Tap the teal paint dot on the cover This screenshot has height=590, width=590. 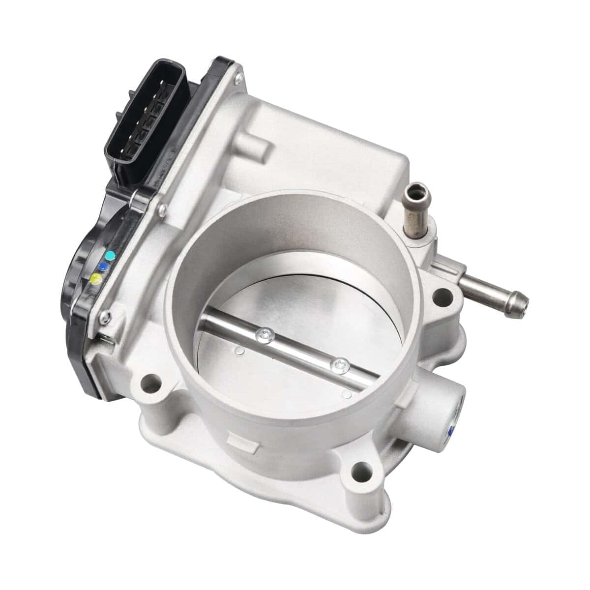tap(111, 255)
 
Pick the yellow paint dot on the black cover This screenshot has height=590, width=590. tap(96, 279)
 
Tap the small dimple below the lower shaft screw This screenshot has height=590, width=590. tap(348, 393)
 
